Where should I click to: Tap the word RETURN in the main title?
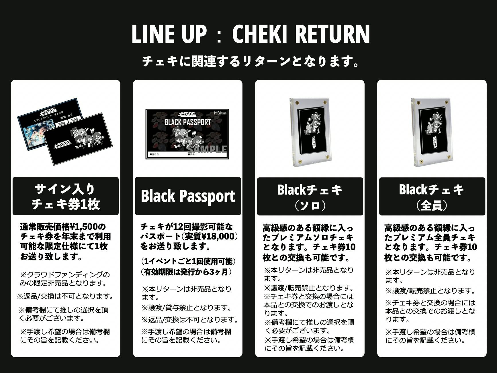point(332,34)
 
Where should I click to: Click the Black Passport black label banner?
point(188,196)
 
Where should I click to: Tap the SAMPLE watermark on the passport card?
point(207,149)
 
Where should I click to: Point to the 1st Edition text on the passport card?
point(220,113)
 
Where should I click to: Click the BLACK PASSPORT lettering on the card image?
point(187,122)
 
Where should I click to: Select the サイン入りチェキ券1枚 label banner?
point(66,196)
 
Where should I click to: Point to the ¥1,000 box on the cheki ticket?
point(62,123)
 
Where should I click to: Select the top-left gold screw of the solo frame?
point(296,102)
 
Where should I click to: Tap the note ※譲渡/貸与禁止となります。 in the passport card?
point(187,308)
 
